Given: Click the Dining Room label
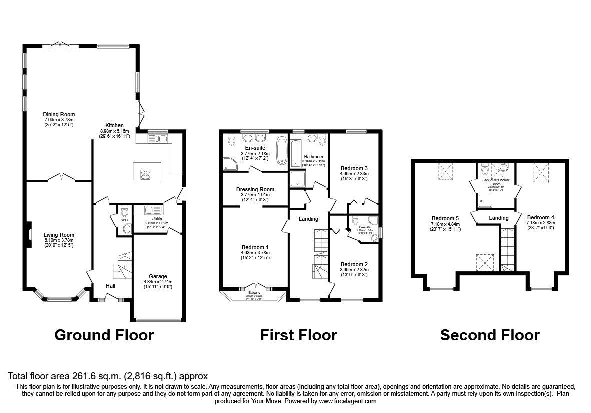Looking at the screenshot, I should [59, 114].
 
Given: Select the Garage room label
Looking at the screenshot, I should [158, 276].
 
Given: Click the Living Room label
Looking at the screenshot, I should [59, 235].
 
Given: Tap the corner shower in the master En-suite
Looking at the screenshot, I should [231, 163].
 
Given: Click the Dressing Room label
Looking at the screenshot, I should [255, 189].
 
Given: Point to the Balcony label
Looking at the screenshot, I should [255, 293].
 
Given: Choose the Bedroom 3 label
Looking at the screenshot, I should [354, 168].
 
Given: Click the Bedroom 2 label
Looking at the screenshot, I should [354, 264].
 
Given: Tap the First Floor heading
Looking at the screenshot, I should [298, 335].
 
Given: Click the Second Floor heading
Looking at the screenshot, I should [490, 335].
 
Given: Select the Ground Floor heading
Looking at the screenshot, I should [104, 335].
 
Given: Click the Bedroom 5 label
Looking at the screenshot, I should [445, 218].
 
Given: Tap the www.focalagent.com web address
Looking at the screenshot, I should [348, 401].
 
